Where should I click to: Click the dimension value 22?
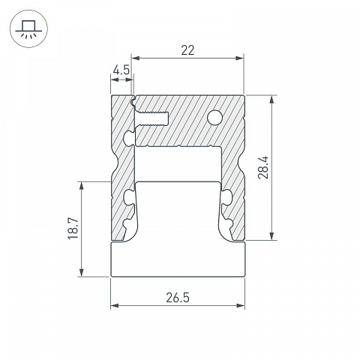pos(187,50)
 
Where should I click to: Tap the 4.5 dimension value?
pos(121,70)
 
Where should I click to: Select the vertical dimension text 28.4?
pos(263,167)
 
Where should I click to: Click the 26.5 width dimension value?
pos(178,298)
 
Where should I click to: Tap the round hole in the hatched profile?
pos(215,117)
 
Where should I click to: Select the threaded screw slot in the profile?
pos(152,118)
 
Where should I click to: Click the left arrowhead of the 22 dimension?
pos(136,58)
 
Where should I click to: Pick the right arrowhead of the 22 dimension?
pos(239,58)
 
